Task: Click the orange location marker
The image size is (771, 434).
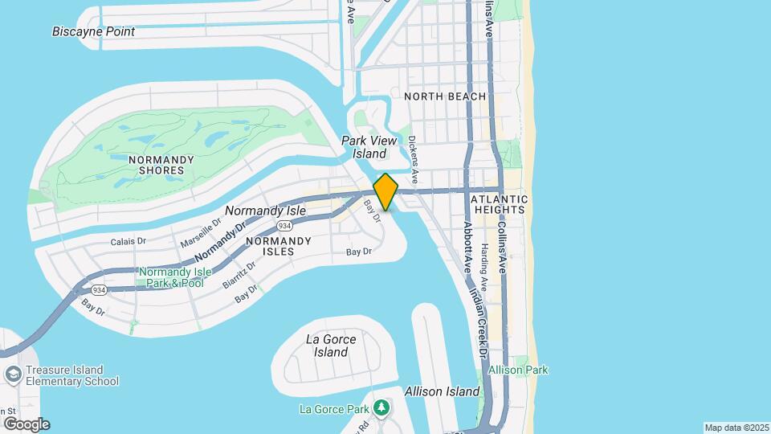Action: pyautogui.click(x=385, y=192)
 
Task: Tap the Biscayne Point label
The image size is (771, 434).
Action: pyautogui.click(x=93, y=32)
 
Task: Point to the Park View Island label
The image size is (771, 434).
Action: pyautogui.click(x=369, y=147)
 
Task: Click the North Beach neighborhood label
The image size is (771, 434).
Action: pyautogui.click(x=445, y=96)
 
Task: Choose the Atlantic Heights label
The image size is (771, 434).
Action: pyautogui.click(x=500, y=204)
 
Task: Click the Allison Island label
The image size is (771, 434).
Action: pyautogui.click(x=443, y=391)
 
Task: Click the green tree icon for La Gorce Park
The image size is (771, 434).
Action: pyautogui.click(x=381, y=409)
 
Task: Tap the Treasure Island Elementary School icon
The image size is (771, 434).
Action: pyautogui.click(x=13, y=375)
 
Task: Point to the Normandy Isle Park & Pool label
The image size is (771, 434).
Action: pyautogui.click(x=175, y=277)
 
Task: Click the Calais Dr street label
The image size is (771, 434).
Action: pyautogui.click(x=128, y=240)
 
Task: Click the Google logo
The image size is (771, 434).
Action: pyautogui.click(x=27, y=424)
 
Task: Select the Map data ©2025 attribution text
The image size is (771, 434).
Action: pyautogui.click(x=736, y=428)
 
